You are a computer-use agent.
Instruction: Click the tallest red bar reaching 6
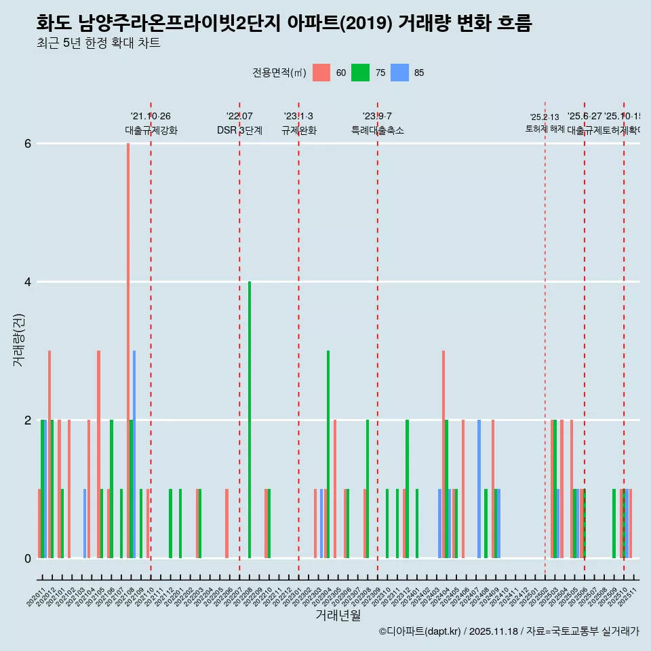coord(127,339)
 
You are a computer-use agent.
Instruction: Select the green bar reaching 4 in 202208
coord(250,420)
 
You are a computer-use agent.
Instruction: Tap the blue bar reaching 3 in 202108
coord(134,454)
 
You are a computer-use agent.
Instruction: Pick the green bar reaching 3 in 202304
coord(328,454)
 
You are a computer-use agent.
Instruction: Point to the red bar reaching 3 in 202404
coord(443,454)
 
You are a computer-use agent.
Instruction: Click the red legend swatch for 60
coord(321,73)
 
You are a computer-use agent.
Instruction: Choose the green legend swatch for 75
coord(360,73)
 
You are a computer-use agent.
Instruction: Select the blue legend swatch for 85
coord(400,73)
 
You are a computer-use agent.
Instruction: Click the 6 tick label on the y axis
coord(28,144)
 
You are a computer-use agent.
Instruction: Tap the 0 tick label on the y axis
coord(28,558)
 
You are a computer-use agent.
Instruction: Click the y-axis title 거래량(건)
coord(18,340)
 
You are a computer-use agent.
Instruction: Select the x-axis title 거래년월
coord(338,615)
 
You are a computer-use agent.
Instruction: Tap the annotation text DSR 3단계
coord(239,130)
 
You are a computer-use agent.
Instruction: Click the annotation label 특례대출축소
coord(377,130)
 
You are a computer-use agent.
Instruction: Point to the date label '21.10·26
coord(151,117)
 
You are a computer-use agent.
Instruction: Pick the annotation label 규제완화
coord(298,130)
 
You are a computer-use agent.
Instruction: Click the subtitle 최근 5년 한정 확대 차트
coord(98,43)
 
